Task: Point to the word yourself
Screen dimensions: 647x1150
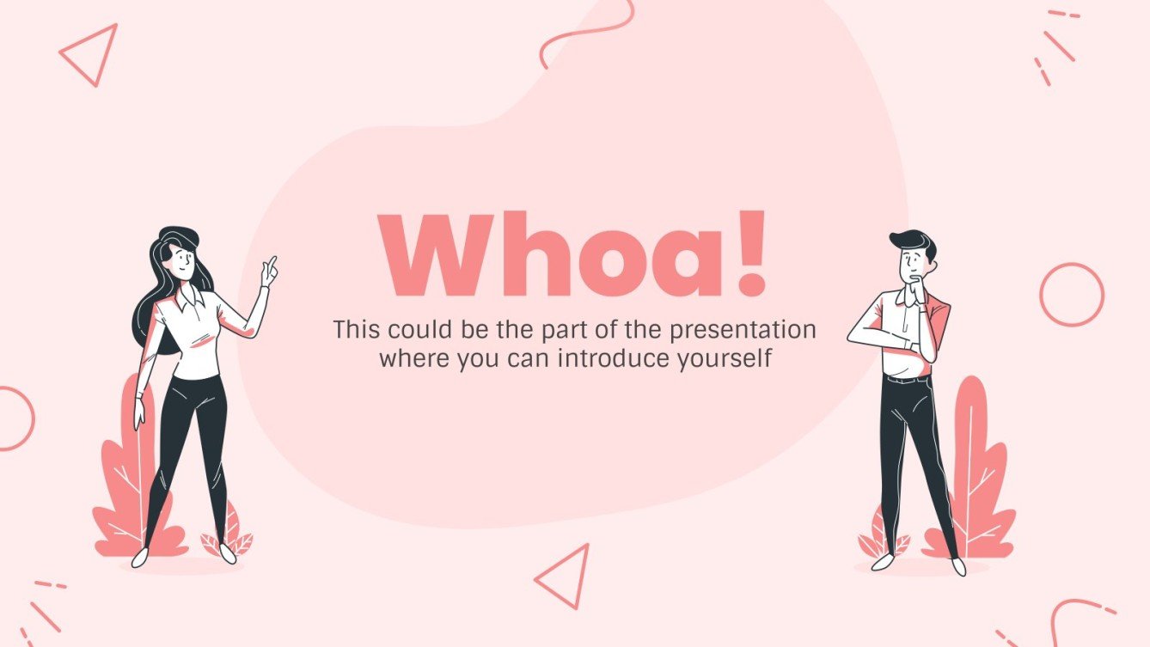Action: tap(723, 358)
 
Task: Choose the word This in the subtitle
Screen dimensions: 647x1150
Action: tap(357, 330)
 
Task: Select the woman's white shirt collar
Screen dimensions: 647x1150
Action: tap(193, 299)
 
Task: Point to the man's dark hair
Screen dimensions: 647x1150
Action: tap(911, 241)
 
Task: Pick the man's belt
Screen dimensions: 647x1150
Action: tap(906, 378)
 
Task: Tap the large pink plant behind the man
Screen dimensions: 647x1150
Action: tap(974, 481)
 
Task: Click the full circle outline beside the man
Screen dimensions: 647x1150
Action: tap(1071, 295)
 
